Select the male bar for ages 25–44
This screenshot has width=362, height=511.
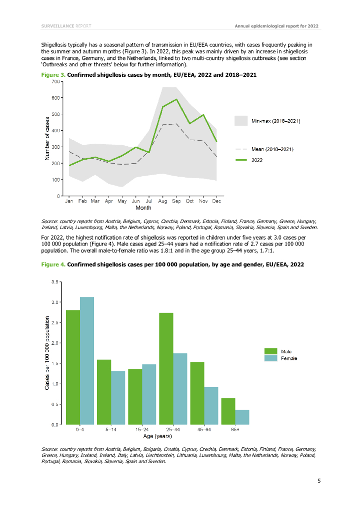click(x=166, y=368)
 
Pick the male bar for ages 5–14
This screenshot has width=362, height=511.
click(x=103, y=392)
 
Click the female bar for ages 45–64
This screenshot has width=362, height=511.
click(x=211, y=406)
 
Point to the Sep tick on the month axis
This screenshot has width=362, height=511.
click(x=176, y=201)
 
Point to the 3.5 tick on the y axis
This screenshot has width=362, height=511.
click(x=54, y=282)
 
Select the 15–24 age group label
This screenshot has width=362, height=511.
click(x=142, y=429)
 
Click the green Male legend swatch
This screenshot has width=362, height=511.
click(x=270, y=351)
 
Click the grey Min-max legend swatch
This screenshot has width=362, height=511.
click(x=241, y=121)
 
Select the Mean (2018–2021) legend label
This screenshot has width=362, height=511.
click(x=272, y=149)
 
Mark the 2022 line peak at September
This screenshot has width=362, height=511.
click(x=176, y=99)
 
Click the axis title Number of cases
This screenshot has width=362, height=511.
click(x=47, y=138)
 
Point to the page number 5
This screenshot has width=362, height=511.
click(x=318, y=481)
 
